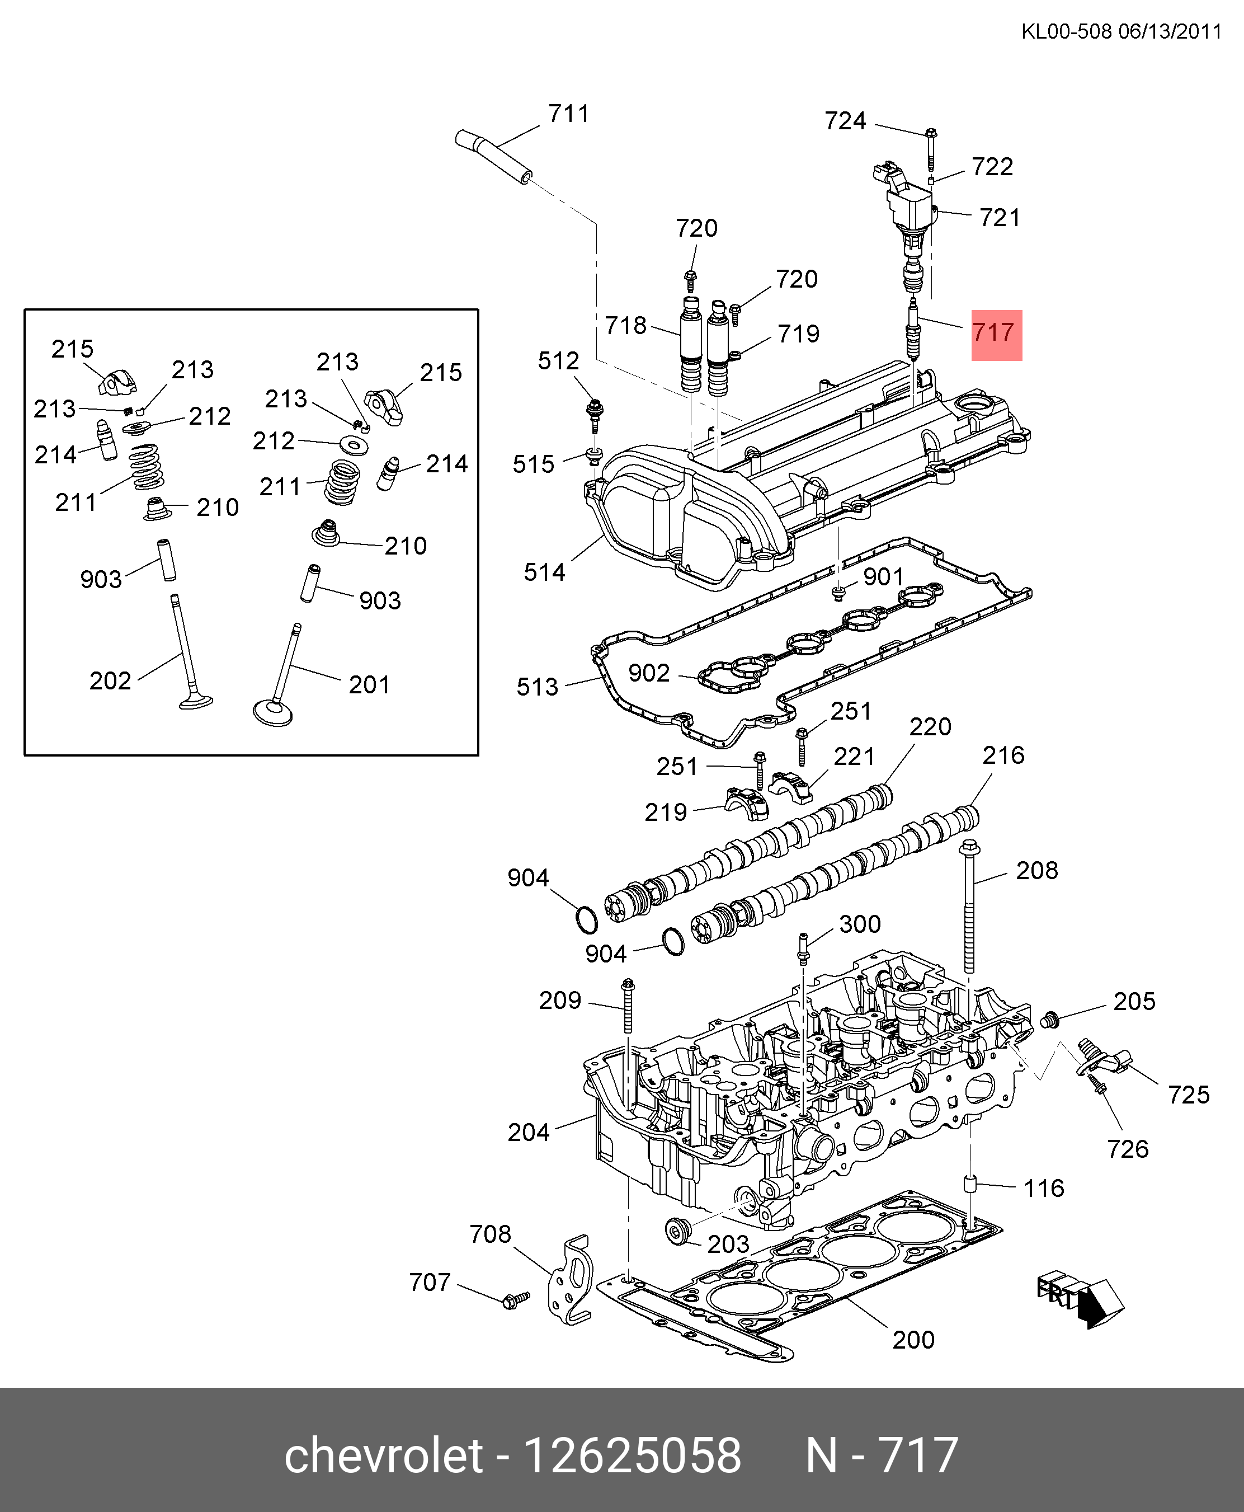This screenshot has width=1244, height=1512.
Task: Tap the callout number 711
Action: pos(568,114)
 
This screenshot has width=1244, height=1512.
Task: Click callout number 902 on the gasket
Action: pos(648,673)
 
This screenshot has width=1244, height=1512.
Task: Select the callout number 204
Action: pos(528,1132)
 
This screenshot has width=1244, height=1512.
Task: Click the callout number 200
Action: pos(913,1339)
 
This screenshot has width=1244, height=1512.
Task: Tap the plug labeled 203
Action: pos(677,1232)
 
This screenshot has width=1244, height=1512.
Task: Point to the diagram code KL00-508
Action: pos(1066,31)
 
